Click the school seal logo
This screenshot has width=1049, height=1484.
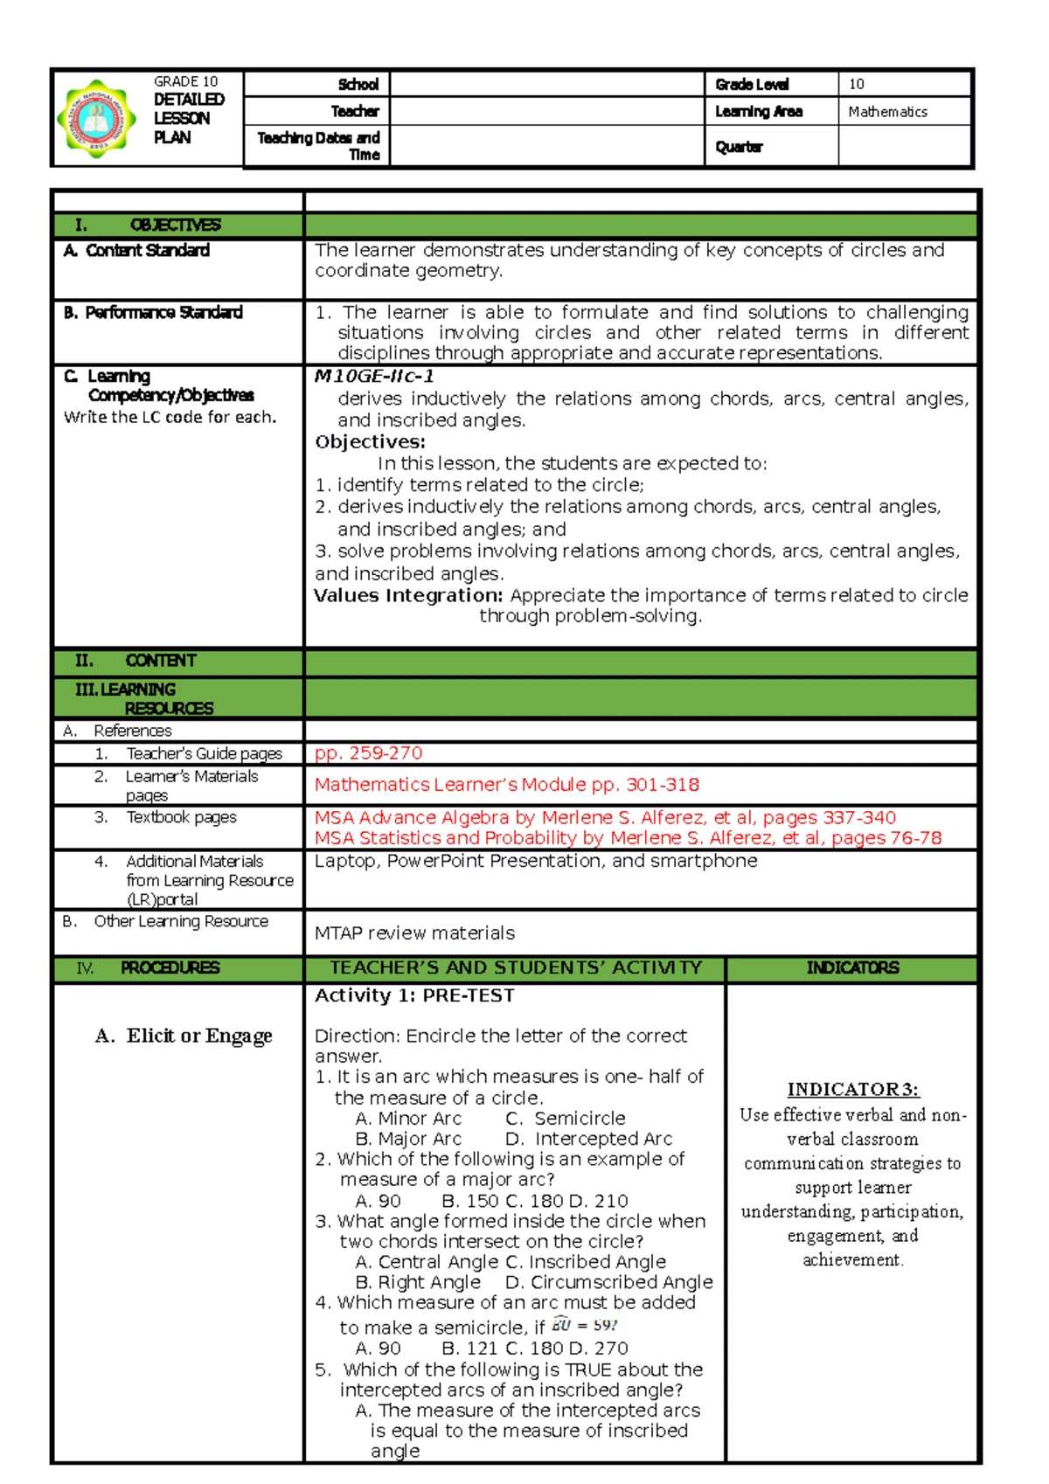96,118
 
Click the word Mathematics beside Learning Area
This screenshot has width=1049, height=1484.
886,112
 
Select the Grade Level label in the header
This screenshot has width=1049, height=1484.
752,85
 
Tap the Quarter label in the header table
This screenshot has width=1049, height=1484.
739,147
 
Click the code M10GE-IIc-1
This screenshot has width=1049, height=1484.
374,377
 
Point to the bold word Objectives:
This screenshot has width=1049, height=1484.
370,442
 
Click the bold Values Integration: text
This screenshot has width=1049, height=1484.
408,595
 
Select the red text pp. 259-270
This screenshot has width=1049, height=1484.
368,753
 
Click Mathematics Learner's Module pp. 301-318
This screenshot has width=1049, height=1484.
506,785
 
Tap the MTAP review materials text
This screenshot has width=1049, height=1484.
414,933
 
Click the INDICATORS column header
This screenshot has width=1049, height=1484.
851,968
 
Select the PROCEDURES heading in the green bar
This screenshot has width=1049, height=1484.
170,968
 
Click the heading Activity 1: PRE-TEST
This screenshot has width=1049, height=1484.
414,995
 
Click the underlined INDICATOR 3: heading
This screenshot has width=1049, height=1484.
852,1090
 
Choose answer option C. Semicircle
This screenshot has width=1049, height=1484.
566,1119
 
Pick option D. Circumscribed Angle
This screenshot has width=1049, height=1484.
608,1282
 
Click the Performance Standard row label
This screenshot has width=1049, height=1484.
154,313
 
